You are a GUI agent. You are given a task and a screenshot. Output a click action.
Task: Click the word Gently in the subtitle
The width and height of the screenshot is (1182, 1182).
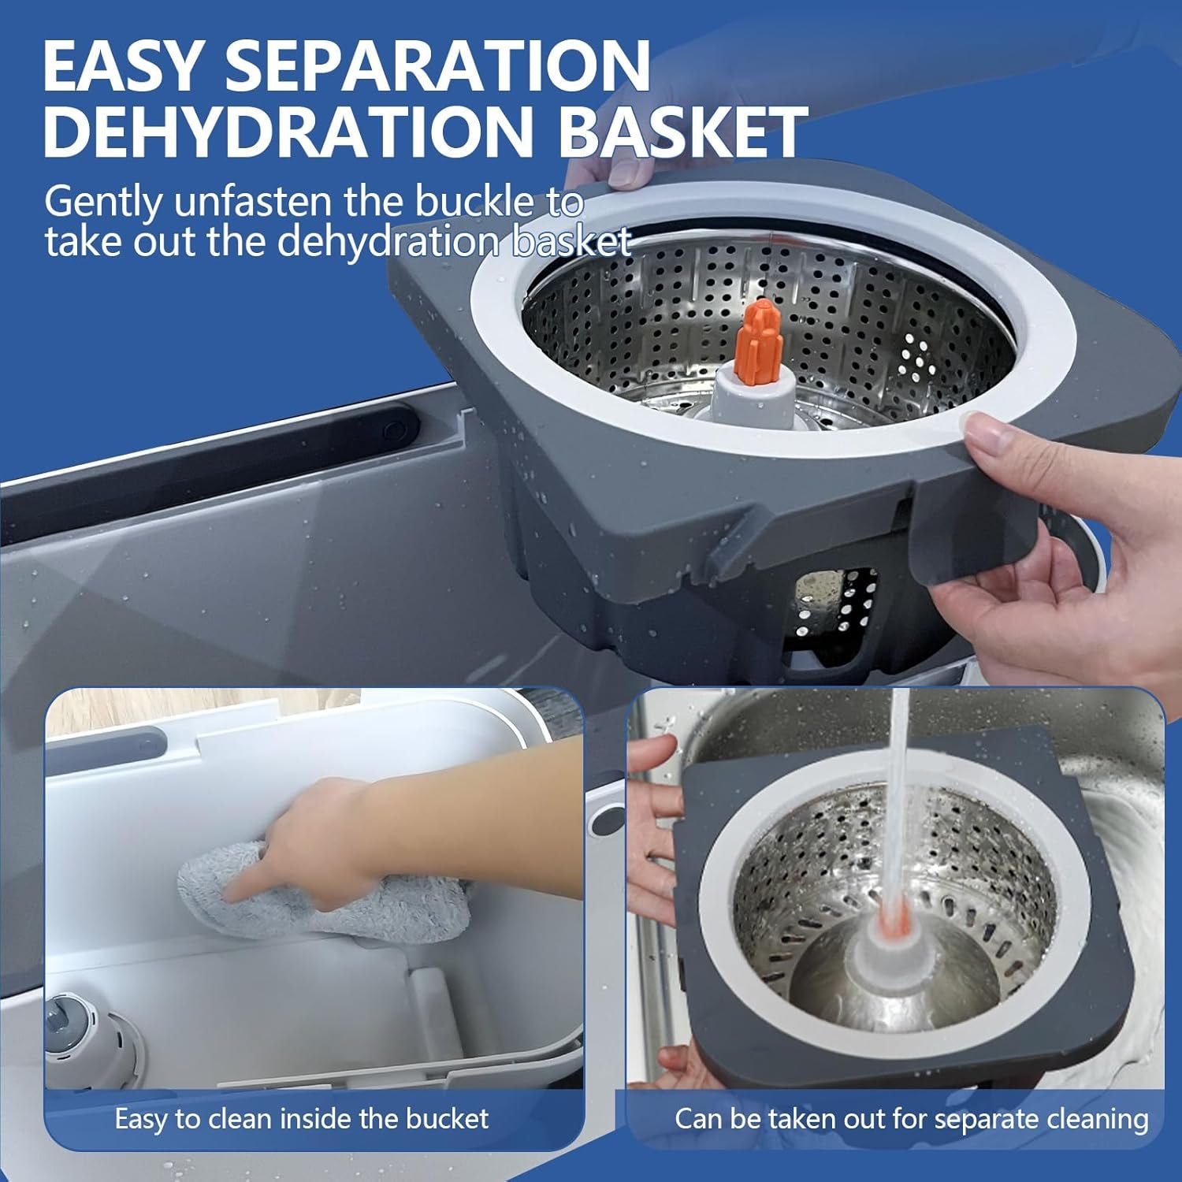tap(102, 203)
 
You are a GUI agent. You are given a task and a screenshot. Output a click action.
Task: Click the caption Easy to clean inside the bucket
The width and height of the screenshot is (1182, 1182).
tap(302, 1118)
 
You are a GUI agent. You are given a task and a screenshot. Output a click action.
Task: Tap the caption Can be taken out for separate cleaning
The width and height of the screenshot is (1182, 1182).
tap(911, 1118)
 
